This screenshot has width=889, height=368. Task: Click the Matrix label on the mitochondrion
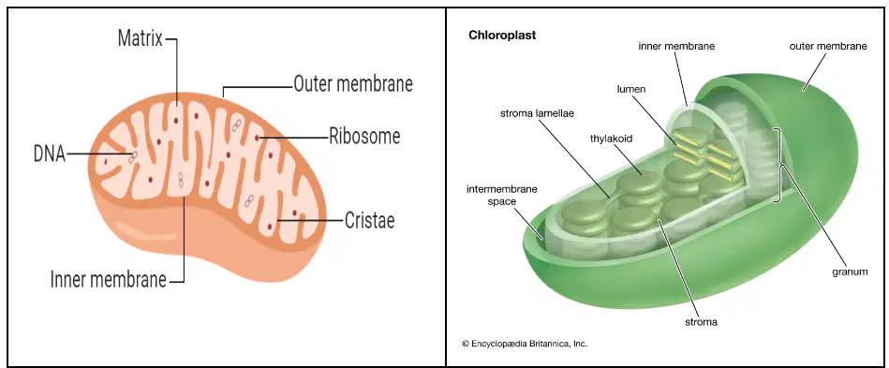pyautogui.click(x=140, y=38)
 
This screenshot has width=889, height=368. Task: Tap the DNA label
pyautogui.click(x=50, y=154)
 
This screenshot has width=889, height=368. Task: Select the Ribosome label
pyautogui.click(x=364, y=136)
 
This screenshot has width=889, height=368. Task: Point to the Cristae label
pyautogui.click(x=370, y=221)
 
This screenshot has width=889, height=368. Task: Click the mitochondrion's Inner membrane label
pyautogui.click(x=109, y=279)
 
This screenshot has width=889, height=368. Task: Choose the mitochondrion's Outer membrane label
pyautogui.click(x=352, y=84)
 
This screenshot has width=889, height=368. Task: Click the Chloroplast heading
pyautogui.click(x=502, y=36)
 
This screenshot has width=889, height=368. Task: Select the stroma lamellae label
pyautogui.click(x=537, y=113)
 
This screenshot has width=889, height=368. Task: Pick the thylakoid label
pyautogui.click(x=611, y=138)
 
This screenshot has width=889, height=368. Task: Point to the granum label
pyautogui.click(x=850, y=272)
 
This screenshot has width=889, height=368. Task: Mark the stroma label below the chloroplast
pyautogui.click(x=702, y=322)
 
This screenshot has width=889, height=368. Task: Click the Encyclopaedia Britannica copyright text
pyautogui.click(x=525, y=343)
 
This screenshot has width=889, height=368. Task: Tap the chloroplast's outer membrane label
pyautogui.click(x=828, y=47)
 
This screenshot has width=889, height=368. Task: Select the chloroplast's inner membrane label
pyautogui.click(x=676, y=47)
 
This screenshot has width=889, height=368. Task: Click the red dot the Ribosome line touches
pyautogui.click(x=257, y=138)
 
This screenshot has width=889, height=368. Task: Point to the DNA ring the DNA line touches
pyautogui.click(x=132, y=156)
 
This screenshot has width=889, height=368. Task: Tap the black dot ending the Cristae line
pyautogui.click(x=278, y=221)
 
